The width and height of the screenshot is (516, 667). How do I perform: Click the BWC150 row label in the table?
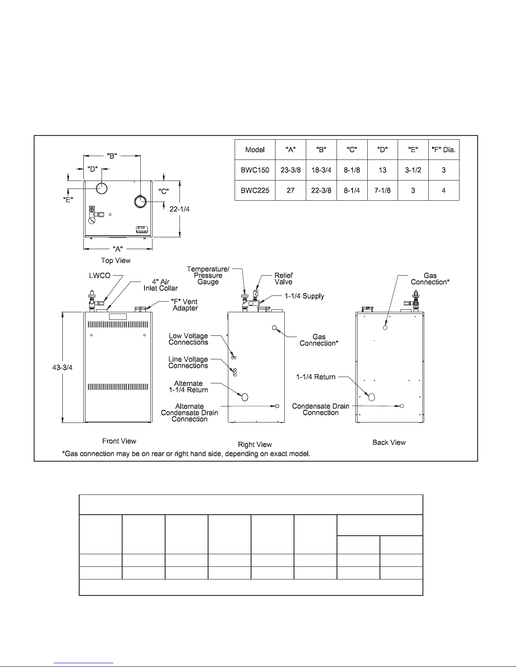[x=254, y=170]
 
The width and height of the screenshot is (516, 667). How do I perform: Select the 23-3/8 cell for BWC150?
[x=290, y=170]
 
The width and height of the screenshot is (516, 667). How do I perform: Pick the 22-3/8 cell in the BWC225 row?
[x=321, y=191]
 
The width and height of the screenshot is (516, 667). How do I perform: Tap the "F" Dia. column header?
[x=444, y=150]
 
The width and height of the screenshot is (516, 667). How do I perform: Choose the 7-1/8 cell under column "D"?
[x=382, y=191]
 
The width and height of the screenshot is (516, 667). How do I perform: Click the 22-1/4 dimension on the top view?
[x=179, y=209]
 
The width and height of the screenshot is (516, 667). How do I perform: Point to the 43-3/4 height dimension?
[x=62, y=367]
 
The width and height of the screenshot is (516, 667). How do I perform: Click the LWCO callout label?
[x=99, y=275]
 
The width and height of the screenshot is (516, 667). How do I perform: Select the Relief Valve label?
[x=283, y=279]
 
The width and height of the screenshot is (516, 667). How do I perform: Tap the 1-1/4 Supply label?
[x=305, y=296]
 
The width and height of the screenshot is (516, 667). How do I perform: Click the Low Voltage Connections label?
[x=188, y=339]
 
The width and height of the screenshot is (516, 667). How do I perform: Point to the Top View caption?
[x=116, y=260]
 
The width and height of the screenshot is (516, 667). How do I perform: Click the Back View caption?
[x=389, y=442]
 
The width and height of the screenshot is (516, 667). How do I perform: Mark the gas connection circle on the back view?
[x=385, y=327]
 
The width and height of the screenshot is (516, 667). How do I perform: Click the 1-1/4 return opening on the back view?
[x=372, y=397]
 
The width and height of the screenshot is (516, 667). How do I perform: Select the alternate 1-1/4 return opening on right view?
[x=245, y=397]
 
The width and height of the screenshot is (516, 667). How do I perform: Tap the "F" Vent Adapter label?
[x=184, y=305]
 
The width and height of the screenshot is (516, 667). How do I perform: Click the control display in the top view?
[x=142, y=230]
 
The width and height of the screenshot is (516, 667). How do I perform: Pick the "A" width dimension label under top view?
[x=118, y=249]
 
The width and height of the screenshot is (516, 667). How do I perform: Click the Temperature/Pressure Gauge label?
[x=208, y=275]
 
